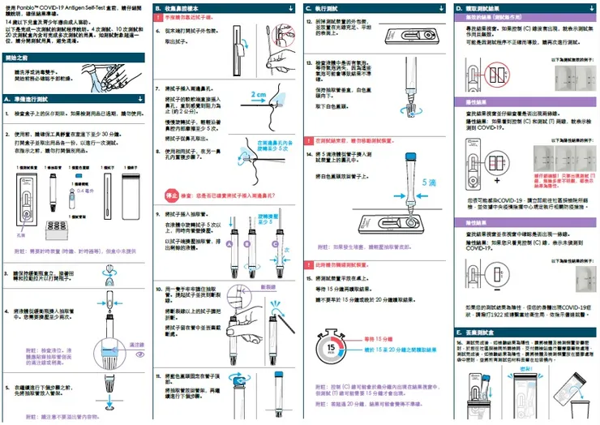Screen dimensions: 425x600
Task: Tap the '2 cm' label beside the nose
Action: [259, 94]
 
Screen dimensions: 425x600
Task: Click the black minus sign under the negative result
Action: [495, 294]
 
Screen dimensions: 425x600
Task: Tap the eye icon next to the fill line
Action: [139, 354]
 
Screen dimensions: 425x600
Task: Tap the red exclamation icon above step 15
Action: [307, 265]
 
